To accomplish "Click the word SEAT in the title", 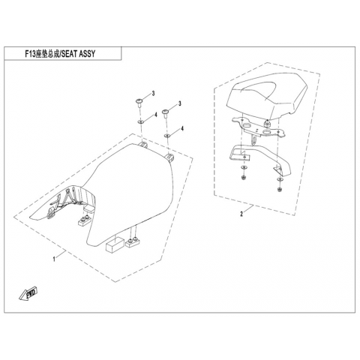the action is point(69,54).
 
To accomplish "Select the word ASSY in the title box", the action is point(87,54).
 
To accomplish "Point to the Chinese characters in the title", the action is point(47,54).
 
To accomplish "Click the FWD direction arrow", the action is point(28,293).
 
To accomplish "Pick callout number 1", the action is point(54,259).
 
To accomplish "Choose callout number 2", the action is point(241,214).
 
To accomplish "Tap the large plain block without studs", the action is point(115,244).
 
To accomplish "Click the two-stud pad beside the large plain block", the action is point(133,241).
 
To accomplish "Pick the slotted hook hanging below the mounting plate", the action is point(253,139).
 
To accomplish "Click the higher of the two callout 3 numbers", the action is point(154,94).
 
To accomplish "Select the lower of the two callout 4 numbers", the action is point(182,128).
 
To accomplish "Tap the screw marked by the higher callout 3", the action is point(139,103).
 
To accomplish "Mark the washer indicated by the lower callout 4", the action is point(167,136).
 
